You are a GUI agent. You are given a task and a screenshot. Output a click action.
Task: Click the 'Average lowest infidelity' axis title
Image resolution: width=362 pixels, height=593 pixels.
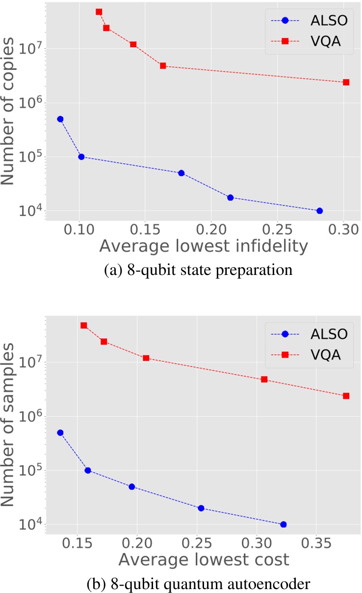coord(204,247)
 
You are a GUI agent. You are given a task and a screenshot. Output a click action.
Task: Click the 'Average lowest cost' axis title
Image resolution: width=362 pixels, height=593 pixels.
coord(204,559)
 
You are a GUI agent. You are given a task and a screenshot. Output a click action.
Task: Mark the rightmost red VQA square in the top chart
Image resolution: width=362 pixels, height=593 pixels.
coord(346,82)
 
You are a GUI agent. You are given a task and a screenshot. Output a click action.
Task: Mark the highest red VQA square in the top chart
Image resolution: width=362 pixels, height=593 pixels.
coord(99,12)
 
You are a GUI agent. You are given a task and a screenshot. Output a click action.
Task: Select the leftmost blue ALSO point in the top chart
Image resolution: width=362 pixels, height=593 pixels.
coord(60,119)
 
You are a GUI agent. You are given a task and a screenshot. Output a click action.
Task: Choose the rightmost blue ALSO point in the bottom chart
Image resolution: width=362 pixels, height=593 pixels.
coord(283,524)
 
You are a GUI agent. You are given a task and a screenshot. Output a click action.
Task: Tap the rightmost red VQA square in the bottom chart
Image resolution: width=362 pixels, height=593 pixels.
coord(346,396)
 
